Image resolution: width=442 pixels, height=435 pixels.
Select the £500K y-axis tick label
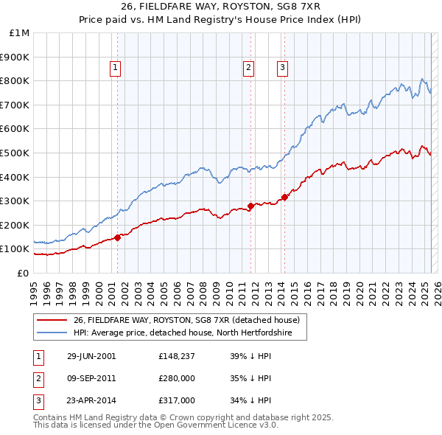click(x=15, y=153)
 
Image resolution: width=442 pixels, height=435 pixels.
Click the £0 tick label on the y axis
click(x=24, y=273)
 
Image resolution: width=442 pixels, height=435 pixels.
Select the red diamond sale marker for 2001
click(x=118, y=237)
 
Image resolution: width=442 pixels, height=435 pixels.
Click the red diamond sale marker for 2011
click(x=250, y=206)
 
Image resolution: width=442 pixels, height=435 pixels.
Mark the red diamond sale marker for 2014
click(x=284, y=197)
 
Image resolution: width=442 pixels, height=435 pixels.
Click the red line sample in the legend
click(x=52, y=321)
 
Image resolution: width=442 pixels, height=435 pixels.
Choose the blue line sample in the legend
click(x=52, y=333)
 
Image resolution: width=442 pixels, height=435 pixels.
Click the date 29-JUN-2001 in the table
click(x=91, y=356)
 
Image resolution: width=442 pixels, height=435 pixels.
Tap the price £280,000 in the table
click(x=176, y=379)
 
